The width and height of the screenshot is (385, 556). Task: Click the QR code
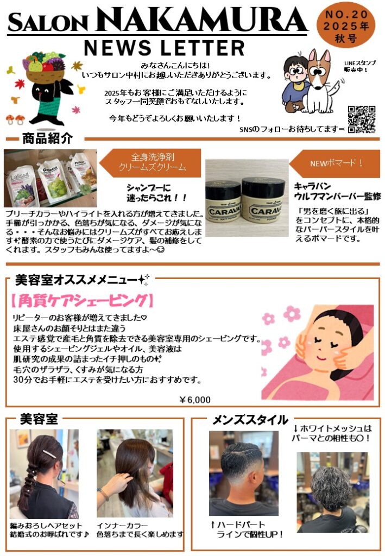click(x=361, y=119)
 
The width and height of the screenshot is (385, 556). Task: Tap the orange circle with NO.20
click(x=345, y=26)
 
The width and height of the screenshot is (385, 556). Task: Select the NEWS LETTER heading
click(x=165, y=48)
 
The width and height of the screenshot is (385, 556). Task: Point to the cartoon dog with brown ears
click(x=321, y=81)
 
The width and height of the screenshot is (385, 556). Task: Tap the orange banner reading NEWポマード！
click(x=334, y=163)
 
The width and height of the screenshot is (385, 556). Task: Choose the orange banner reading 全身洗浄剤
click(x=150, y=162)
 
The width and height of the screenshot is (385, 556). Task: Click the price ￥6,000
click(x=195, y=400)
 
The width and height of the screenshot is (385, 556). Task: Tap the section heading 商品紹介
click(x=47, y=138)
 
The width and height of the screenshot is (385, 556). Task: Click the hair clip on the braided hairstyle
click(x=49, y=454)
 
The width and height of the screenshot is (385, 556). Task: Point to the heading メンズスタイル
click(x=250, y=420)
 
